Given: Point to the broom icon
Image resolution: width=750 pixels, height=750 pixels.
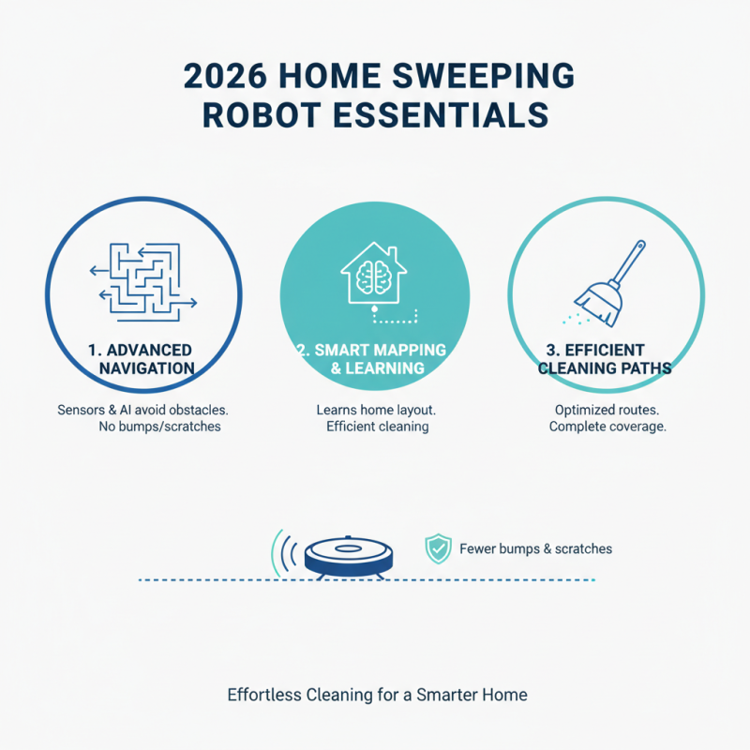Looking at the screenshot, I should click(x=609, y=277).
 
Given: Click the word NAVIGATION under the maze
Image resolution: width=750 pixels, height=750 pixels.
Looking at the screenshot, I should click(x=146, y=368).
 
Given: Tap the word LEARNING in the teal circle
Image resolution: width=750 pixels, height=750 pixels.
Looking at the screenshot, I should click(x=383, y=368).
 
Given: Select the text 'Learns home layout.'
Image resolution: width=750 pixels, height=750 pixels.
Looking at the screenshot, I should click(x=373, y=410).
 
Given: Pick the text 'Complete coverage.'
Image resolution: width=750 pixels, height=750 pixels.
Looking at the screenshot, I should click(x=608, y=427).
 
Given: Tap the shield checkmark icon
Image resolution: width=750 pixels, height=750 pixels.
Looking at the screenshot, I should click(x=438, y=548).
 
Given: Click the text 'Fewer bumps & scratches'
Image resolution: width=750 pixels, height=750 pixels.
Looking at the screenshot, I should click(x=535, y=548).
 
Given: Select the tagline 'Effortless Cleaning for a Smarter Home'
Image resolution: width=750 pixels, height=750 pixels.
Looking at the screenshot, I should click(x=377, y=696).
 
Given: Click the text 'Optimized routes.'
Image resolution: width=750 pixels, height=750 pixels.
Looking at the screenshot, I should click(x=608, y=410).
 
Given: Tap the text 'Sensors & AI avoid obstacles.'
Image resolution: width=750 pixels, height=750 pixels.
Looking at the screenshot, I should click(x=143, y=410).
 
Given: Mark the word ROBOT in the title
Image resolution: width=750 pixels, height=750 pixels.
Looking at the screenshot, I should click(x=256, y=114).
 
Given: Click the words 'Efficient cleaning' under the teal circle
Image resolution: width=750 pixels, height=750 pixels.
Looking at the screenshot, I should click(x=377, y=427).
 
